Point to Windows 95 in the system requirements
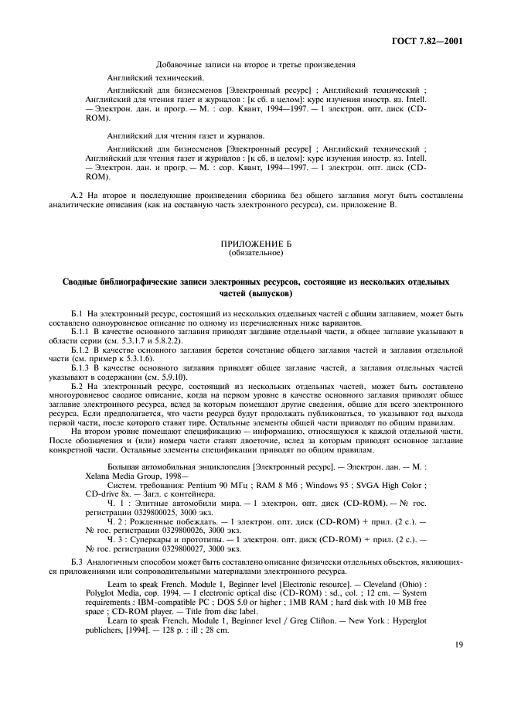pyautogui.click(x=330, y=489)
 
